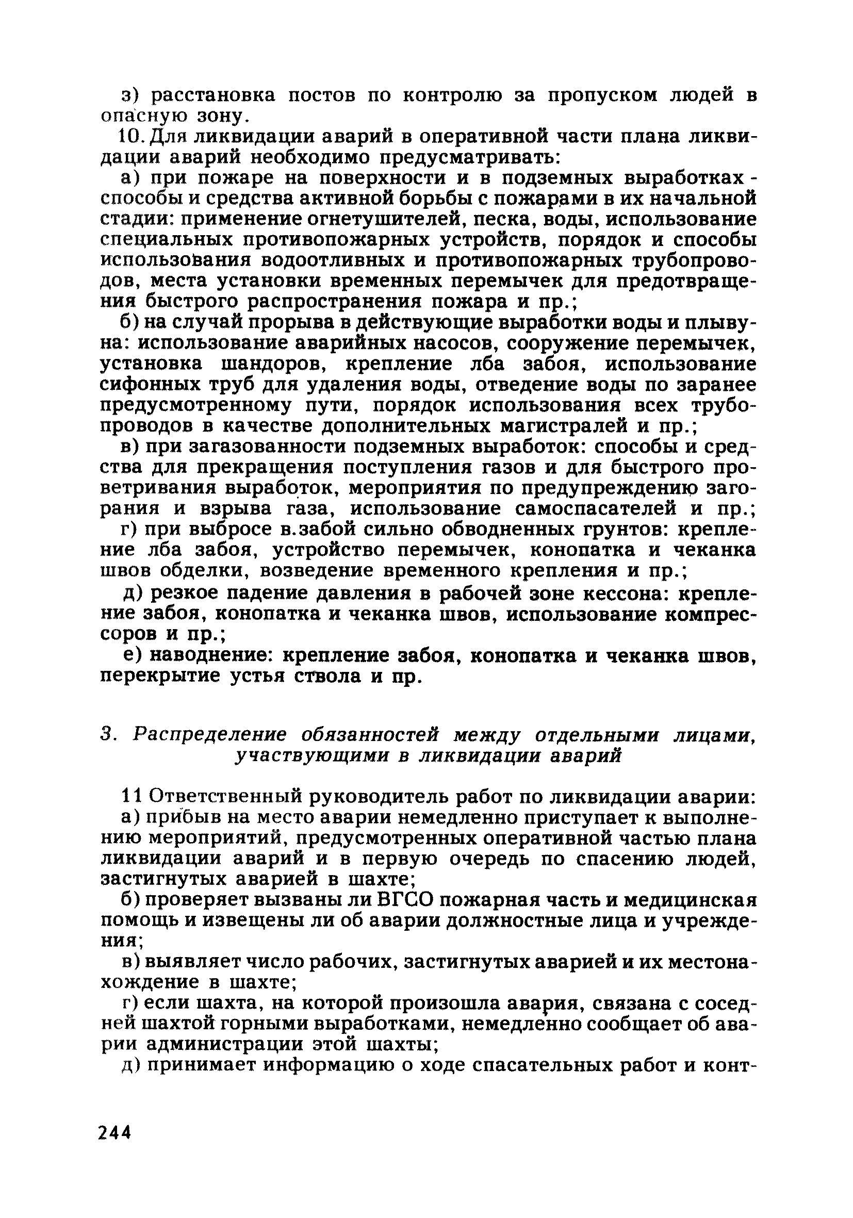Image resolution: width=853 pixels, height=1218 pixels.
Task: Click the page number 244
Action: pos(114,1132)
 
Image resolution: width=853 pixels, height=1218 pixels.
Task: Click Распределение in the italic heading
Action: pos(209,736)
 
